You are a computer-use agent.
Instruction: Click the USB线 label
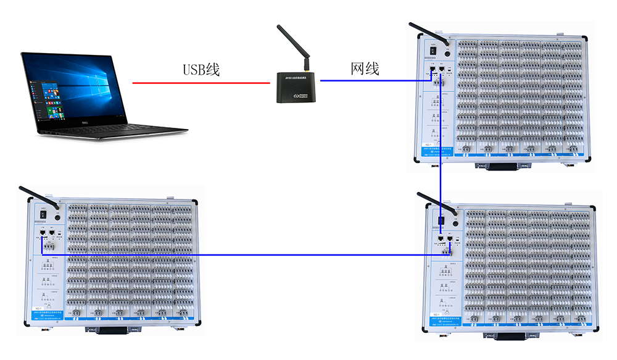pyautogui.click(x=201, y=69)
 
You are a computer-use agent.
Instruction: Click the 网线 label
pyautogui.click(x=365, y=69)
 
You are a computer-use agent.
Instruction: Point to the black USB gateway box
pyautogui.click(x=297, y=86)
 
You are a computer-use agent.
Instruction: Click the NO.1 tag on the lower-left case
pyautogui.click(x=39, y=307)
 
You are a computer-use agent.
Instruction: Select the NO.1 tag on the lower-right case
pyautogui.click(x=437, y=314)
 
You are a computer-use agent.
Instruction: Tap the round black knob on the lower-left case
pyautogui.click(x=59, y=217)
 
